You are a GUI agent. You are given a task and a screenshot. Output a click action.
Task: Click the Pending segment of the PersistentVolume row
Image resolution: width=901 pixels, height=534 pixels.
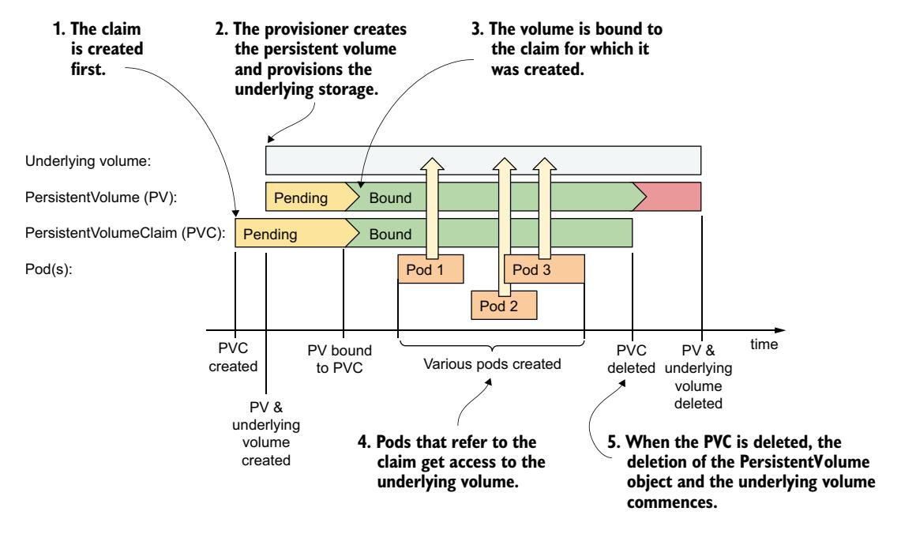pos(301,197)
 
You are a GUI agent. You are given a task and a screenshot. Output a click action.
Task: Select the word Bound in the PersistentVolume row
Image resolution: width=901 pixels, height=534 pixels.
pos(392,197)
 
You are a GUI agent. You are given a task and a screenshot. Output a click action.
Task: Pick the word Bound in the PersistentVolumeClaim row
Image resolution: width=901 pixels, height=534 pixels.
pos(392,234)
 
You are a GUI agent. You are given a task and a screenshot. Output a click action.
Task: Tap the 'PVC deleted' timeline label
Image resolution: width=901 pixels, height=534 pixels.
pos(632,356)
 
